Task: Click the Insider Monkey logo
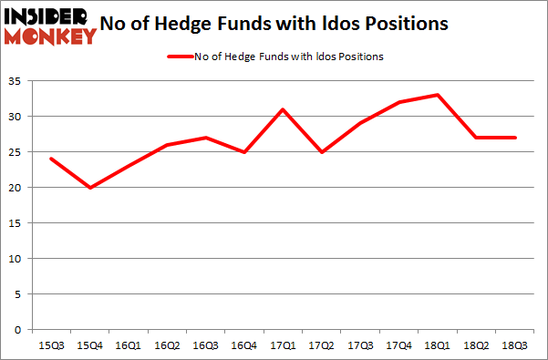tap(50, 26)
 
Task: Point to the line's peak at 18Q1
tap(439, 95)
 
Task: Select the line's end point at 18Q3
tap(516, 138)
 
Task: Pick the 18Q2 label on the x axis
tap(477, 345)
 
